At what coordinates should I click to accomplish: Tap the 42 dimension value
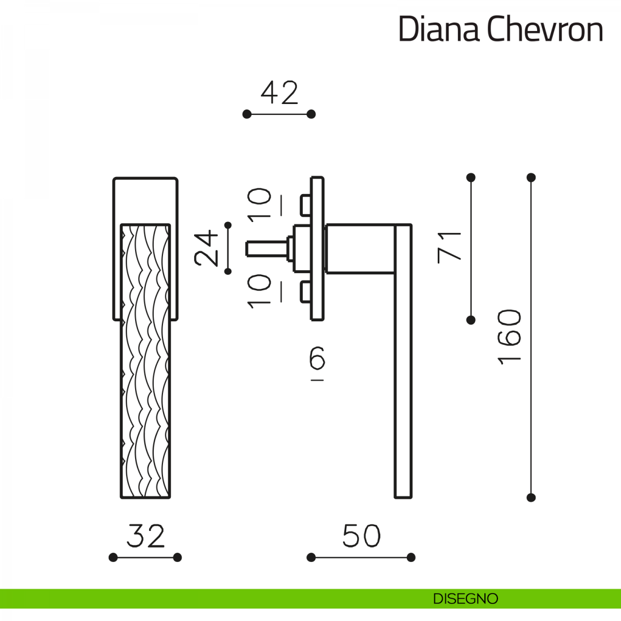(x=279, y=93)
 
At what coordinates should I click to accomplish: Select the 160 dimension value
(x=510, y=337)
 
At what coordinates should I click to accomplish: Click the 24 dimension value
(x=207, y=248)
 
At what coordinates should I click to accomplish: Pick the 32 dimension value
(x=145, y=536)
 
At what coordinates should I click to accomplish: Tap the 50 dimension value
(x=361, y=536)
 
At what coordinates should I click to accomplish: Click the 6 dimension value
(x=317, y=358)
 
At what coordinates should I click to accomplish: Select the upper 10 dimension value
(x=259, y=205)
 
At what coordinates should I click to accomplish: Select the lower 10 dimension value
(x=259, y=291)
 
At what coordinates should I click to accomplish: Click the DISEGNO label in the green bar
(x=465, y=599)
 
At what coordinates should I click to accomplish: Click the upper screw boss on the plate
(x=305, y=204)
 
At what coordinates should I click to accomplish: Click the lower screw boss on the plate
(x=305, y=291)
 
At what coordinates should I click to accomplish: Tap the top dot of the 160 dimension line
(x=530, y=178)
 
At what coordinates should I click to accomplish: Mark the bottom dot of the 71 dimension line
(x=470, y=320)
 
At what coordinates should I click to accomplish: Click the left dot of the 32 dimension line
(x=113, y=557)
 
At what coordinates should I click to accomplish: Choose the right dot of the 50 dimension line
(x=411, y=557)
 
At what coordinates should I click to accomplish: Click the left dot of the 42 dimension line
(x=247, y=114)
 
